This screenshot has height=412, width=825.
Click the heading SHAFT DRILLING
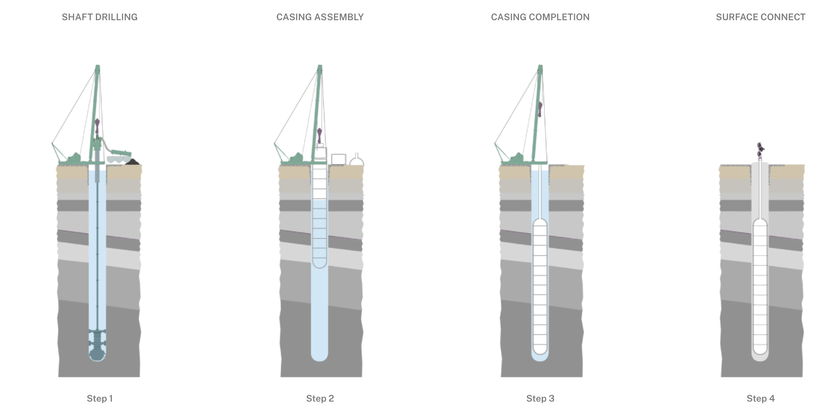tap(99, 17)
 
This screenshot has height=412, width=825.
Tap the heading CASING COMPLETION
tap(540, 17)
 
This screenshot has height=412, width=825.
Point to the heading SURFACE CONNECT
tap(760, 17)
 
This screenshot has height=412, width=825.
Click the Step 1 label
tap(99, 398)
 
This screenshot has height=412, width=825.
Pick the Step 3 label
tap(540, 398)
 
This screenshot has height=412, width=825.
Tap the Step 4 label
tap(760, 398)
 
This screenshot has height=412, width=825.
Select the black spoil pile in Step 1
tap(133, 162)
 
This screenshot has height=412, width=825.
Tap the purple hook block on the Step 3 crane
tap(540, 109)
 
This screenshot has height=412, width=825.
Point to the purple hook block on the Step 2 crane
tap(319, 135)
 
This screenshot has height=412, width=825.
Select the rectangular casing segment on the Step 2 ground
tap(338, 159)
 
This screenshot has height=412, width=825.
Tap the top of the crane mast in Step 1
tap(97, 68)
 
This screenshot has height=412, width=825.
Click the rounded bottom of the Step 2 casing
tap(319, 264)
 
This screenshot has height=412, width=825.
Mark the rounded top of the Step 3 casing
tap(540, 222)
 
